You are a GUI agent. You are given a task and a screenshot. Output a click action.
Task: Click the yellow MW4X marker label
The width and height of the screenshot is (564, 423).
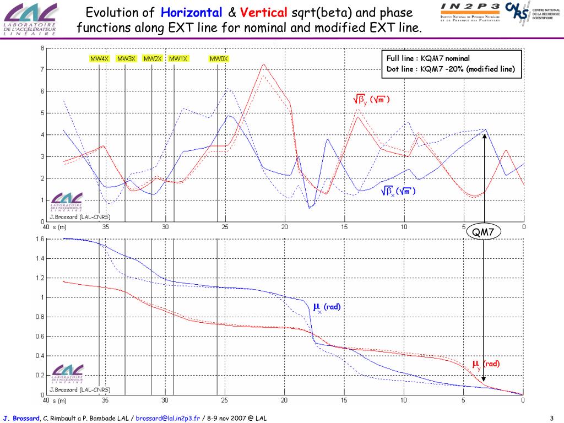pos(100,59)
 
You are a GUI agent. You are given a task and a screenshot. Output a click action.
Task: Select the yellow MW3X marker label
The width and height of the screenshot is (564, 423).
pos(126,59)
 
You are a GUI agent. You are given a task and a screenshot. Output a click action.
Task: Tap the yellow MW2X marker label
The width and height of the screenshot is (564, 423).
pos(152,59)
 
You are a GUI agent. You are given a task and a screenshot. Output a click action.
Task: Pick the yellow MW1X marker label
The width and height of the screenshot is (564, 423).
pos(178,59)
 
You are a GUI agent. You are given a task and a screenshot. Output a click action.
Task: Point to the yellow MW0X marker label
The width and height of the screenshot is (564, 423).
pos(219,59)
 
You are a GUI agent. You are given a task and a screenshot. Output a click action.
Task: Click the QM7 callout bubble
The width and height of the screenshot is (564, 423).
pos(484,232)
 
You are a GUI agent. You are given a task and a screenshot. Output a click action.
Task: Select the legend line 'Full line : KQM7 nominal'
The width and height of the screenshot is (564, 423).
pos(428,58)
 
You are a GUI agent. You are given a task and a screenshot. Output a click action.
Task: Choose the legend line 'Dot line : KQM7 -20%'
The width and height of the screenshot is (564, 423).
pos(450,69)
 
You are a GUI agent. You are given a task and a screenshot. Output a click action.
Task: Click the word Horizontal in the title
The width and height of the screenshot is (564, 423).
pos(192,13)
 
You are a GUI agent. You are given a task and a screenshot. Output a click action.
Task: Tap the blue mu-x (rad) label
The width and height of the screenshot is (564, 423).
pos(327,307)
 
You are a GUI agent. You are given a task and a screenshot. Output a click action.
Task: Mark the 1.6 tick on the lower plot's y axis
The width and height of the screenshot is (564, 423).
pos(40,239)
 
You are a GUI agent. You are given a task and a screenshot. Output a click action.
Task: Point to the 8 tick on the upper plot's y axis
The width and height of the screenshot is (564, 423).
pos(42,48)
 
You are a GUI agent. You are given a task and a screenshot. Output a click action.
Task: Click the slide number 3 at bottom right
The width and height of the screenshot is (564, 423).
pos(551,418)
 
